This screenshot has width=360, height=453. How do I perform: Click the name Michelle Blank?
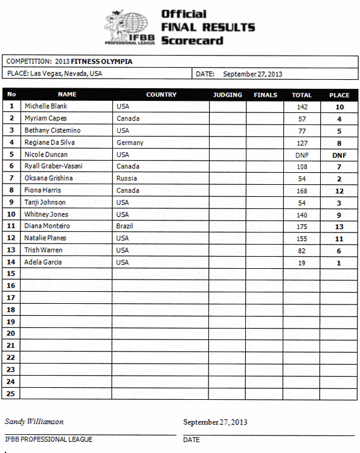coord(46,106)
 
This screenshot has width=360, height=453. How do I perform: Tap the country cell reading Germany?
coord(130,143)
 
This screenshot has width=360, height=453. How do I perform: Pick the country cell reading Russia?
coord(126,178)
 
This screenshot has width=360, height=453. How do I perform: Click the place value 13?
coord(339,226)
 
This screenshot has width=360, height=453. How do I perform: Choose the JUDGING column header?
coord(228,95)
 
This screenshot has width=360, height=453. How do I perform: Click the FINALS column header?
coord(265,95)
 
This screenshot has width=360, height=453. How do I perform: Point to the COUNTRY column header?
coord(161,95)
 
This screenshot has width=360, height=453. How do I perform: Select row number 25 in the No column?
coord(11,393)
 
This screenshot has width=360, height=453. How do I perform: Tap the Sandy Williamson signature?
coord(34,422)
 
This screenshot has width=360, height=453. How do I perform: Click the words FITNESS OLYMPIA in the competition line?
coord(101,62)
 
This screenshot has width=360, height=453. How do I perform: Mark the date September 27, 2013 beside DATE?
coord(252,74)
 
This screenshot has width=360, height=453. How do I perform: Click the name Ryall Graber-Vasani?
coord(53,166)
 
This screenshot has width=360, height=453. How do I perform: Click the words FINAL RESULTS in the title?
coord(208,27)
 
